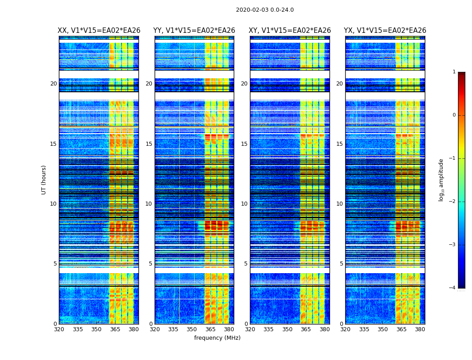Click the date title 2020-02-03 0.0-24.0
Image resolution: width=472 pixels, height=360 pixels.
265,10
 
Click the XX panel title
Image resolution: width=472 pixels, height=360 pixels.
99,31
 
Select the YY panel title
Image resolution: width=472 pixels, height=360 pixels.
194,31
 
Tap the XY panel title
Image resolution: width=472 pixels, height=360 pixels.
290,31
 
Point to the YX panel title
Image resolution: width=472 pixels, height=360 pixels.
385,31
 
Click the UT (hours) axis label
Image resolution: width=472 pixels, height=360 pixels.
44,180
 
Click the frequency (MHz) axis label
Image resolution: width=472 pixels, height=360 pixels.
217,338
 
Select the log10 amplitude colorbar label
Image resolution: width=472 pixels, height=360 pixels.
441,180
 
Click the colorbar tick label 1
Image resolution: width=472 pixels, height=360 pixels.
454,72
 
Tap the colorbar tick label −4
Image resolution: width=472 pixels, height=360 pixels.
453,288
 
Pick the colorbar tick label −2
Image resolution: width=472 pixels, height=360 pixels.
453,202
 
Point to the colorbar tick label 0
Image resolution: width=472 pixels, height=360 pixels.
454,115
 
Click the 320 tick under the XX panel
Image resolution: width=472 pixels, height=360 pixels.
59,329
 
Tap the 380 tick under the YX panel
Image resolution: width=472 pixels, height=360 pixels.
420,329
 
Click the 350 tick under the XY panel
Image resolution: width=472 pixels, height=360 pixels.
287,329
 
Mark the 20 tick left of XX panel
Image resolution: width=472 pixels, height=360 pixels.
53,84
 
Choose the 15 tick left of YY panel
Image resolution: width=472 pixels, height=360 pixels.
149,144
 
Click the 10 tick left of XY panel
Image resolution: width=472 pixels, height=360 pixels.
244,204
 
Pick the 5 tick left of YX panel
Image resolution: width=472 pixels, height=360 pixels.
341,264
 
